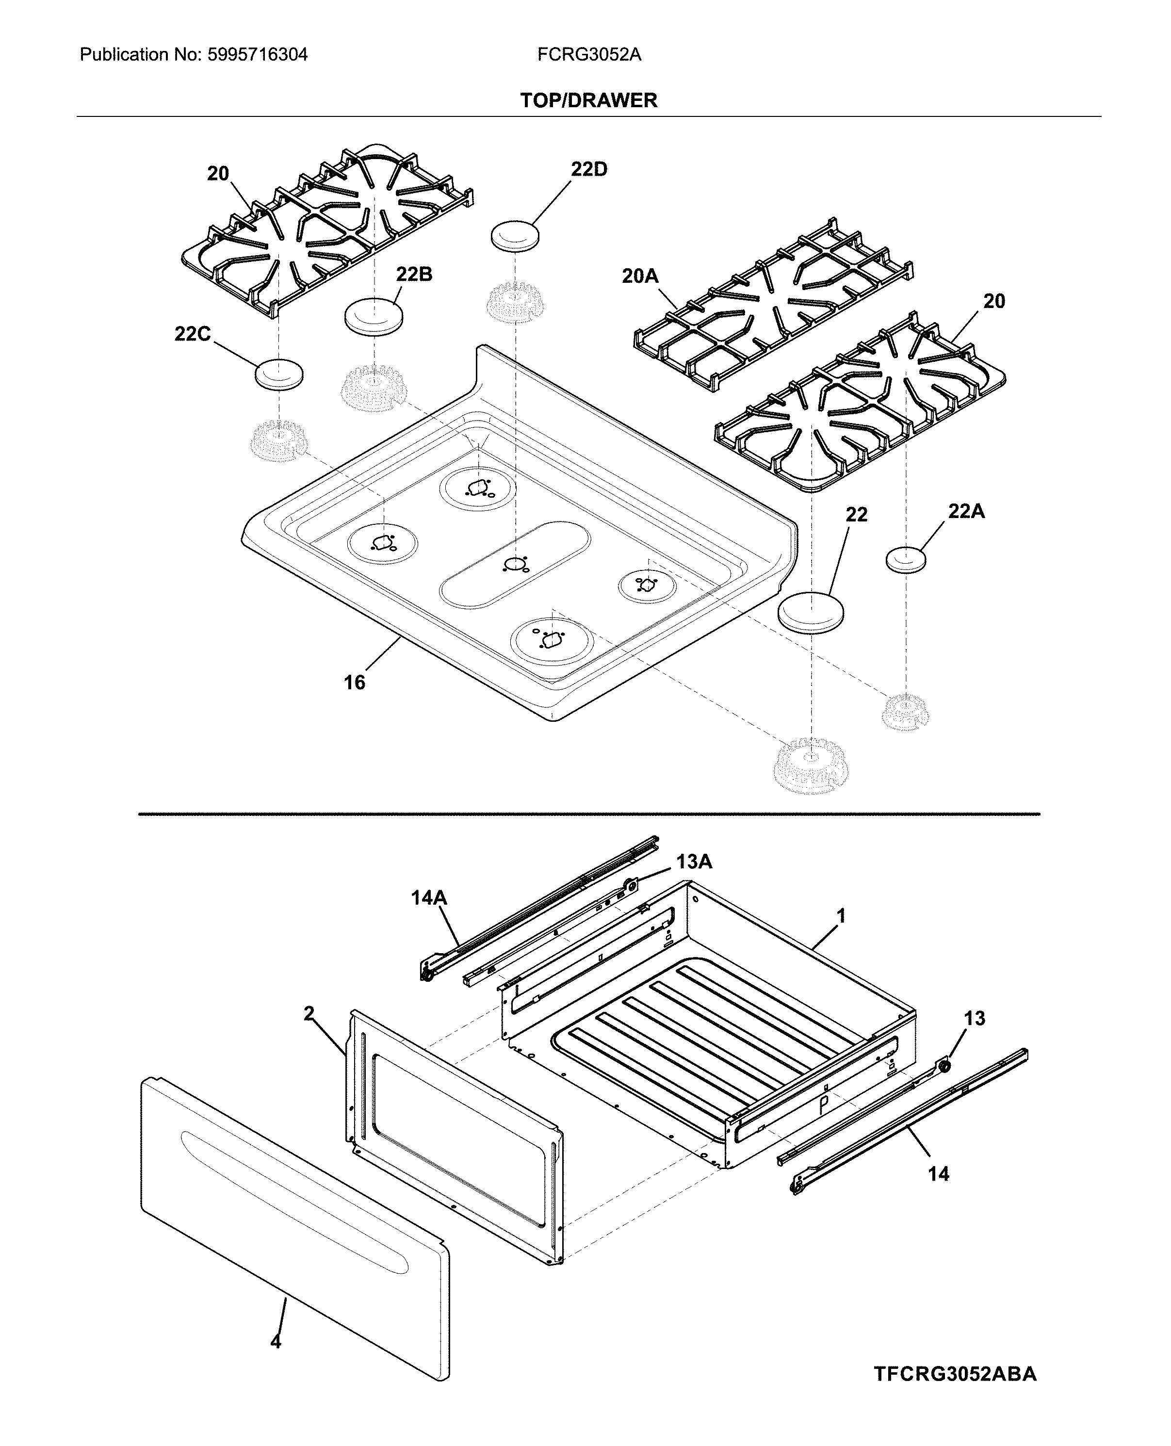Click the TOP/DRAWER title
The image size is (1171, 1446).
click(x=588, y=100)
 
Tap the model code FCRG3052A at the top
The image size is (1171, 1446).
click(x=589, y=55)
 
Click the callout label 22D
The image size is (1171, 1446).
click(x=589, y=169)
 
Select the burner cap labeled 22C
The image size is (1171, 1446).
click(x=278, y=374)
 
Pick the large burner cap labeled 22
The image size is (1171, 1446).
click(x=810, y=612)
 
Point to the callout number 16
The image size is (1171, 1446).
click(x=354, y=682)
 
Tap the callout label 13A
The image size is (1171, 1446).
click(x=694, y=862)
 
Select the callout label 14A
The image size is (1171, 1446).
click(x=429, y=898)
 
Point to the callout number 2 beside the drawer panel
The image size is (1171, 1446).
click(x=309, y=1014)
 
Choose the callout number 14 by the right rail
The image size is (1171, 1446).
click(x=938, y=1174)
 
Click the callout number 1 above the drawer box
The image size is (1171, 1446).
click(x=841, y=916)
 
